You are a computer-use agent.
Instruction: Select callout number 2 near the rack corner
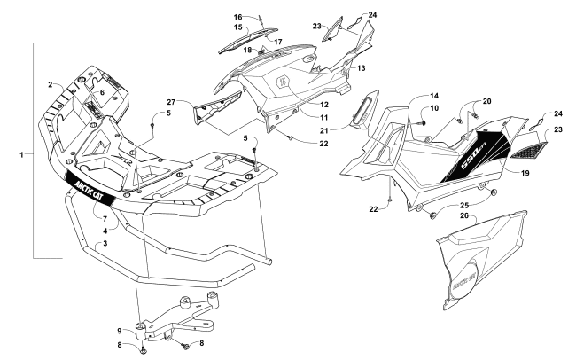pyautogui.click(x=51, y=85)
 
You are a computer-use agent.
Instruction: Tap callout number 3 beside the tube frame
pyautogui.click(x=105, y=243)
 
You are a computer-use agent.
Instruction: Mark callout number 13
pyautogui.click(x=362, y=67)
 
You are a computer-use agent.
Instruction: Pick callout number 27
pyautogui.click(x=177, y=103)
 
